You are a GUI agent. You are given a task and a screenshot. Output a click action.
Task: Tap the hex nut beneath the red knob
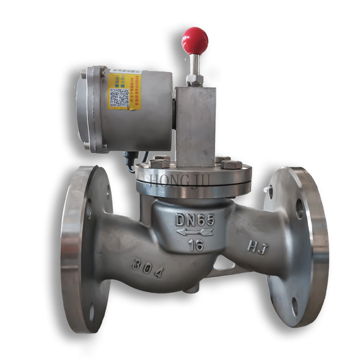(195, 80)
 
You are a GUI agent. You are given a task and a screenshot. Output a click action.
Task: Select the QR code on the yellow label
(119, 97)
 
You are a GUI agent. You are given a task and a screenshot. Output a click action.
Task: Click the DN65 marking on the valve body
(195, 220)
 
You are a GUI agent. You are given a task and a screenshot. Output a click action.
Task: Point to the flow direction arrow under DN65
(195, 232)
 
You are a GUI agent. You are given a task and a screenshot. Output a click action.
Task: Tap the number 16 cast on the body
(196, 245)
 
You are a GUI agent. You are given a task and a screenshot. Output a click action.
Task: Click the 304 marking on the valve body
(147, 268)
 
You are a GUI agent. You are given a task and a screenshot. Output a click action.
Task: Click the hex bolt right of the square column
(231, 164)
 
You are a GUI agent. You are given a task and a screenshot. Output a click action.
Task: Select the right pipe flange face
(288, 243)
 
